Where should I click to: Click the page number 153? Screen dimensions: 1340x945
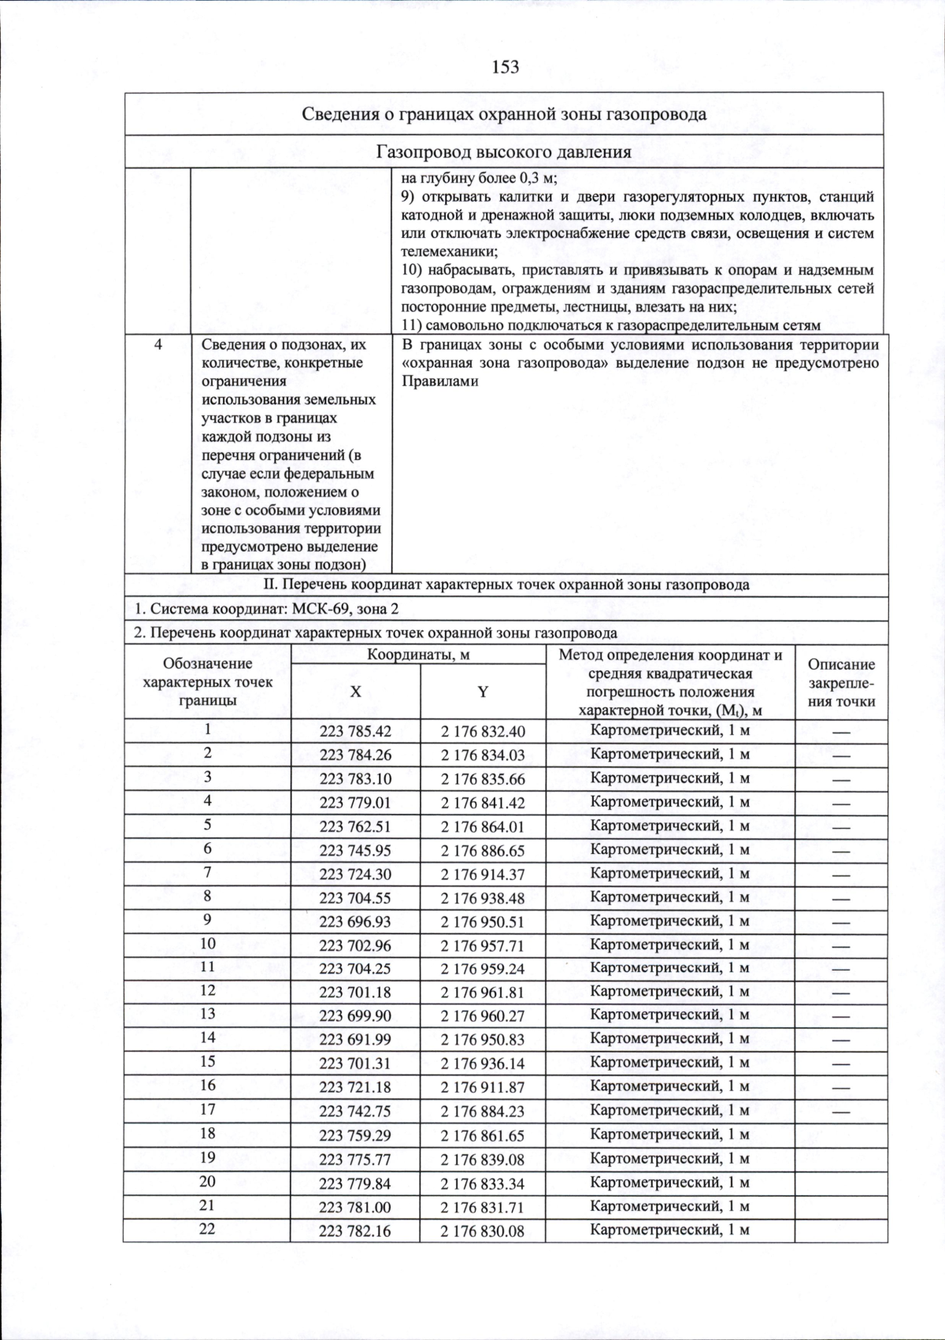[505, 68]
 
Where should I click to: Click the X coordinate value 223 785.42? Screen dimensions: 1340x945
[355, 732]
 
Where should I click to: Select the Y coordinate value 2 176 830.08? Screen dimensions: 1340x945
[482, 1230]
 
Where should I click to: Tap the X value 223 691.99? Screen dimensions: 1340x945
[355, 1040]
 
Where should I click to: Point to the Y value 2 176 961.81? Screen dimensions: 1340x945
[482, 993]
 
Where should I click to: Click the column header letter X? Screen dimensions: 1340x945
[356, 692]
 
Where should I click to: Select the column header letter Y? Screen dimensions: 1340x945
[483, 692]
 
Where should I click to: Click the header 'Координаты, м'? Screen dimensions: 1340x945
[418, 655]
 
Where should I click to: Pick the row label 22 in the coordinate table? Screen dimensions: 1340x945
[207, 1229]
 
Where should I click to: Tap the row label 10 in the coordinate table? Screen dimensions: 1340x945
[207, 943]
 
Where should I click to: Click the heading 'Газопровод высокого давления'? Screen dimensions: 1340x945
[504, 152]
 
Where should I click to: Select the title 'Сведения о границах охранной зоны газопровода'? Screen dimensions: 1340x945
[504, 114]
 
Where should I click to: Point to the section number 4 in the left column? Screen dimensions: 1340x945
[158, 344]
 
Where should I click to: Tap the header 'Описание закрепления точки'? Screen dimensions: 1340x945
[841, 683]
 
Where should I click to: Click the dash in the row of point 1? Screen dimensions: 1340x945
[841, 732]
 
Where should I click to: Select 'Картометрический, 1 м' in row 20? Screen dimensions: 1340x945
[669, 1182]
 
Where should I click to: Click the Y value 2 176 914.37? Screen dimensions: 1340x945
[482, 874]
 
